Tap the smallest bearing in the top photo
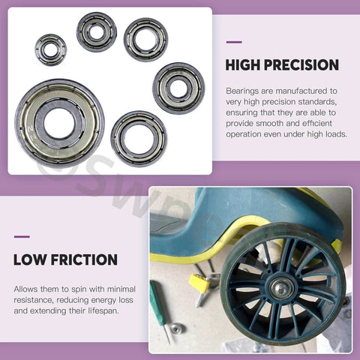[50, 49]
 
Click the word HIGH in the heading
[244, 65]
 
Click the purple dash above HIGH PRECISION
[233, 42]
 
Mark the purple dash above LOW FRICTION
[22, 237]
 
